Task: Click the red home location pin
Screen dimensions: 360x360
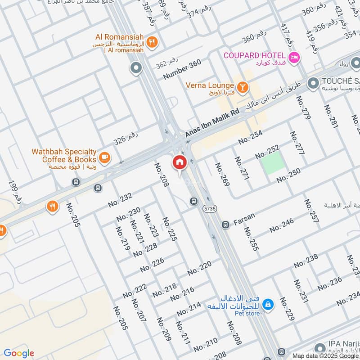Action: pos(180,163)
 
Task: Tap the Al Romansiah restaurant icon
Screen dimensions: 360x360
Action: pos(153,42)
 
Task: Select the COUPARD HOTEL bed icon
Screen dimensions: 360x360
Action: pos(294,58)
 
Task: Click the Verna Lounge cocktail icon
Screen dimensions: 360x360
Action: pos(243,87)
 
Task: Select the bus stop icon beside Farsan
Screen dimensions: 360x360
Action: pos(225,224)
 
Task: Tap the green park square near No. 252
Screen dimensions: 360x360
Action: pos(273,162)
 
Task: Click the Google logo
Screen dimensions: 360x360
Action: pos(19,353)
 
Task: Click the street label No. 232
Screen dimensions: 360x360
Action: pos(120,200)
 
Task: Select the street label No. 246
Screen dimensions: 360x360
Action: pos(282,225)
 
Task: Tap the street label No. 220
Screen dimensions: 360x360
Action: pos(199,269)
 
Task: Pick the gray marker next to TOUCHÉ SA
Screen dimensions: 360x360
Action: pos(313,83)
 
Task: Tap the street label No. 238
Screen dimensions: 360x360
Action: pos(306,261)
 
